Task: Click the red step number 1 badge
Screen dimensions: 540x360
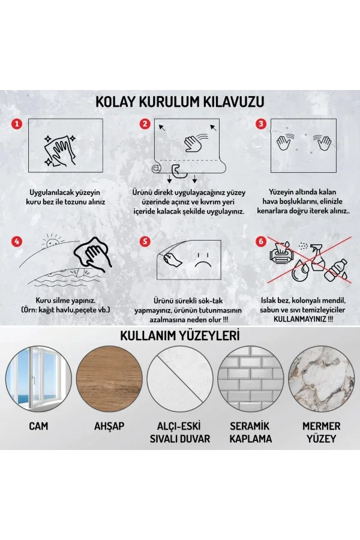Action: tap(17, 124)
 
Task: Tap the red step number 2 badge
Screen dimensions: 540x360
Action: tap(144, 124)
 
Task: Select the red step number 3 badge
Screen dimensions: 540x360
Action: tap(261, 124)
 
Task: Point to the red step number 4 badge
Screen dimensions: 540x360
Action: tap(17, 241)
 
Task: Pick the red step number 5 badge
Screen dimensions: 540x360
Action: tap(144, 241)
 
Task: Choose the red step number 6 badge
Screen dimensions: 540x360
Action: tap(261, 241)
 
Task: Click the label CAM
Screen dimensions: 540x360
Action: tap(38, 427)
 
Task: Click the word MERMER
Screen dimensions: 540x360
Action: tap(322, 426)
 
